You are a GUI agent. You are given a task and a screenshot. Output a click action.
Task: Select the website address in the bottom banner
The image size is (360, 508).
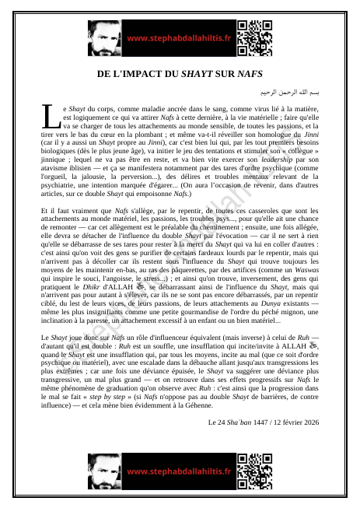pos(178,471)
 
